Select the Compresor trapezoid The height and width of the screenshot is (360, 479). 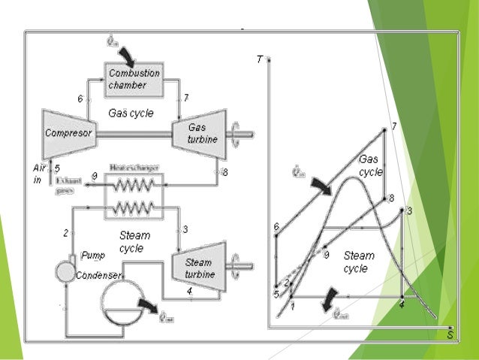pos(68,133)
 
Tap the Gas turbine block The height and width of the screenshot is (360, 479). pos(198,133)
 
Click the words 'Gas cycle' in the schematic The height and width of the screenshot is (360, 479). pos(131,113)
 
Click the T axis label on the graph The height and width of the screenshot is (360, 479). pos(258,59)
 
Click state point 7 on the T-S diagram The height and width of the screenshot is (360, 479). pos(384,130)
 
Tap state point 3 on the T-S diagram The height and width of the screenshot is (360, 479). pos(403,211)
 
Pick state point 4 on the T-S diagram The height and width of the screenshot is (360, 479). pos(402,298)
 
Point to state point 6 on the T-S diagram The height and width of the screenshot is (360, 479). pos(277,234)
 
